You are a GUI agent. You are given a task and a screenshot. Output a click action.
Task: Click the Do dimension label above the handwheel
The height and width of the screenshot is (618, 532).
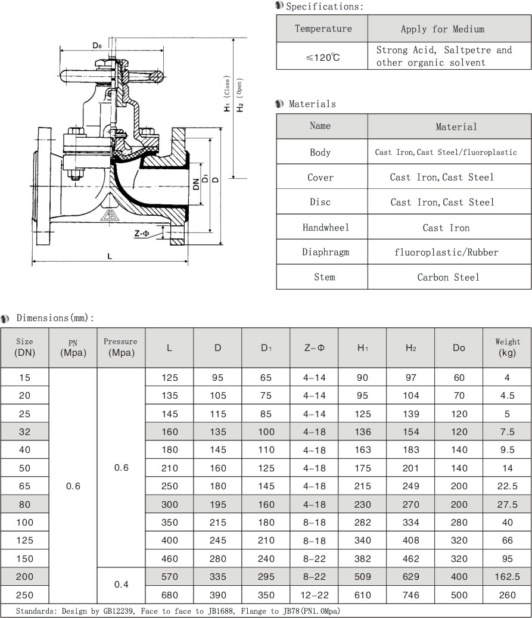pyautogui.click(x=97, y=45)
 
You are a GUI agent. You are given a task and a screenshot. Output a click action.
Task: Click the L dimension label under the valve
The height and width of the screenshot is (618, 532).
pyautogui.click(x=110, y=256)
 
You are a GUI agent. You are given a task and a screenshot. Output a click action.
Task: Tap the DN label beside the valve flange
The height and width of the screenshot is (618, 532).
pyautogui.click(x=196, y=184)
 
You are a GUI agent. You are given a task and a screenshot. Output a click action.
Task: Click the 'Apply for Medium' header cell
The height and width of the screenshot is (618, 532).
pyautogui.click(x=442, y=29)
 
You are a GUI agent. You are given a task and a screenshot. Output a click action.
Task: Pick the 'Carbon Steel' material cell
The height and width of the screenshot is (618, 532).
pyautogui.click(x=448, y=277)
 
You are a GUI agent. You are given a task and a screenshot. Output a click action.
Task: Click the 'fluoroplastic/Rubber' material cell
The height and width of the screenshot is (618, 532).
pyautogui.click(x=446, y=252)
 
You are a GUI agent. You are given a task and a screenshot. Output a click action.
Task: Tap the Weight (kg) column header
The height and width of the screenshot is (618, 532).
pyautogui.click(x=507, y=347)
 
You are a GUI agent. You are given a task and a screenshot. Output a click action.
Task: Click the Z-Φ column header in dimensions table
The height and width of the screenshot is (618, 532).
pyautogui.click(x=314, y=348)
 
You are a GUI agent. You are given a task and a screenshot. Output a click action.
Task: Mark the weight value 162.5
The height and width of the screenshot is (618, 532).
pyautogui.click(x=507, y=577)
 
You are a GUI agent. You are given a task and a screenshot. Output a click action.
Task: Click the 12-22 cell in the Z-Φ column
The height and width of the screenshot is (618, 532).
pyautogui.click(x=314, y=595)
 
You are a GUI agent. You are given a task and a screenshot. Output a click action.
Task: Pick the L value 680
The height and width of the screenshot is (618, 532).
pyautogui.click(x=169, y=595)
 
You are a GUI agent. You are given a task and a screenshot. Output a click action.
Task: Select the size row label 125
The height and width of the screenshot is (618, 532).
pyautogui.click(x=24, y=541)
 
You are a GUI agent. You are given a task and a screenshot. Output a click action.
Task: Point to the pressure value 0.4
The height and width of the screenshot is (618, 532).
pyautogui.click(x=121, y=585)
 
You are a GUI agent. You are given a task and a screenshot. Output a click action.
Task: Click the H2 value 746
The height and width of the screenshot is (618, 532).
pyautogui.click(x=410, y=595)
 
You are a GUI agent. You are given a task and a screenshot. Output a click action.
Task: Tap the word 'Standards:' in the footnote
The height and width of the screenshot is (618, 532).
pyautogui.click(x=36, y=611)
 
